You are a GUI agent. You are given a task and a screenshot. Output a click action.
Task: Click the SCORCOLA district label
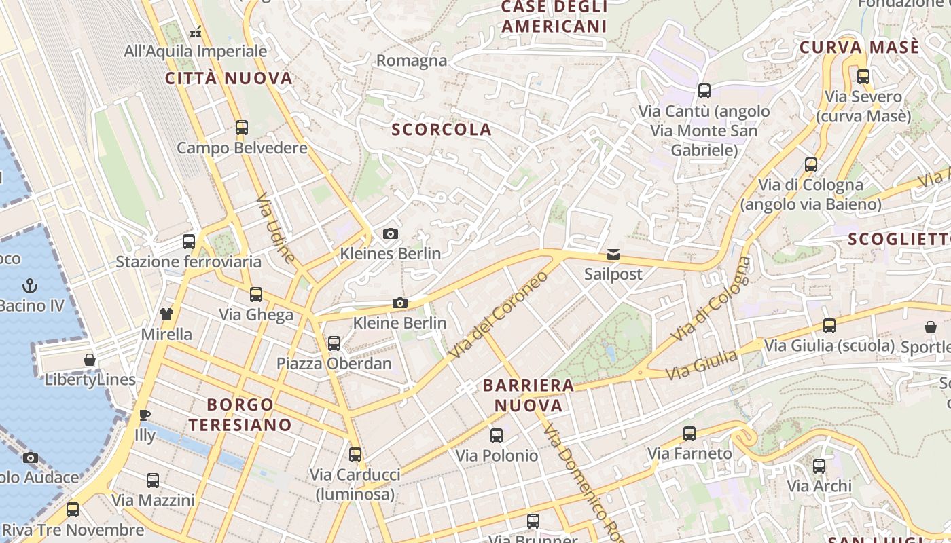click(442, 130)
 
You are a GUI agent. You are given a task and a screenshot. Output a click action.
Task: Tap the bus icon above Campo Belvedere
click(241, 127)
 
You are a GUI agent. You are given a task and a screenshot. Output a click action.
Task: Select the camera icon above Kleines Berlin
click(391, 233)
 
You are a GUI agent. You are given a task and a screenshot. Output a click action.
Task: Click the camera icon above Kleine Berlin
click(400, 303)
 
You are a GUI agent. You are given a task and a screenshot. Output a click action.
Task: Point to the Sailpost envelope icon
click(613, 255)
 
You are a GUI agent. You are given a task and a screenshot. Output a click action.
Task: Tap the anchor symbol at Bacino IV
click(30, 286)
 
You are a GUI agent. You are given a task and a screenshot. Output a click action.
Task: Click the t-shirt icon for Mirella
click(166, 314)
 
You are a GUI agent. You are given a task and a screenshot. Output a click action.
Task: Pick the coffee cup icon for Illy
click(144, 415)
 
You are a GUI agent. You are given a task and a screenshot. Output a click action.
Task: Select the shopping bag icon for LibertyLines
click(90, 359)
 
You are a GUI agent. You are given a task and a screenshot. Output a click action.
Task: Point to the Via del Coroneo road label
click(498, 316)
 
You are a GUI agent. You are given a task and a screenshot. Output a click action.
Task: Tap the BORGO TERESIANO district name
click(240, 415)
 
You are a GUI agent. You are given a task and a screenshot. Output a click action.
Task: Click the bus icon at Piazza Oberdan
click(334, 343)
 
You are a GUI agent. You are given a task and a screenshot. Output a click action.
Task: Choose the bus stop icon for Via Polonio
click(497, 435)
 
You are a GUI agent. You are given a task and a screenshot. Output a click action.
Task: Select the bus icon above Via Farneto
click(689, 433)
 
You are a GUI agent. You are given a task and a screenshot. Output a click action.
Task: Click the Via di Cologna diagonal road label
click(711, 299)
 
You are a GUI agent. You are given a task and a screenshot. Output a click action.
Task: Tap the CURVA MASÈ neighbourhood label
click(859, 48)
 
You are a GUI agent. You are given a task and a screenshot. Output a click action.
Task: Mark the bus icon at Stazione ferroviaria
click(189, 241)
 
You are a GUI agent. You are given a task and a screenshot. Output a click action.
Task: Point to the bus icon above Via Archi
click(819, 466)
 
